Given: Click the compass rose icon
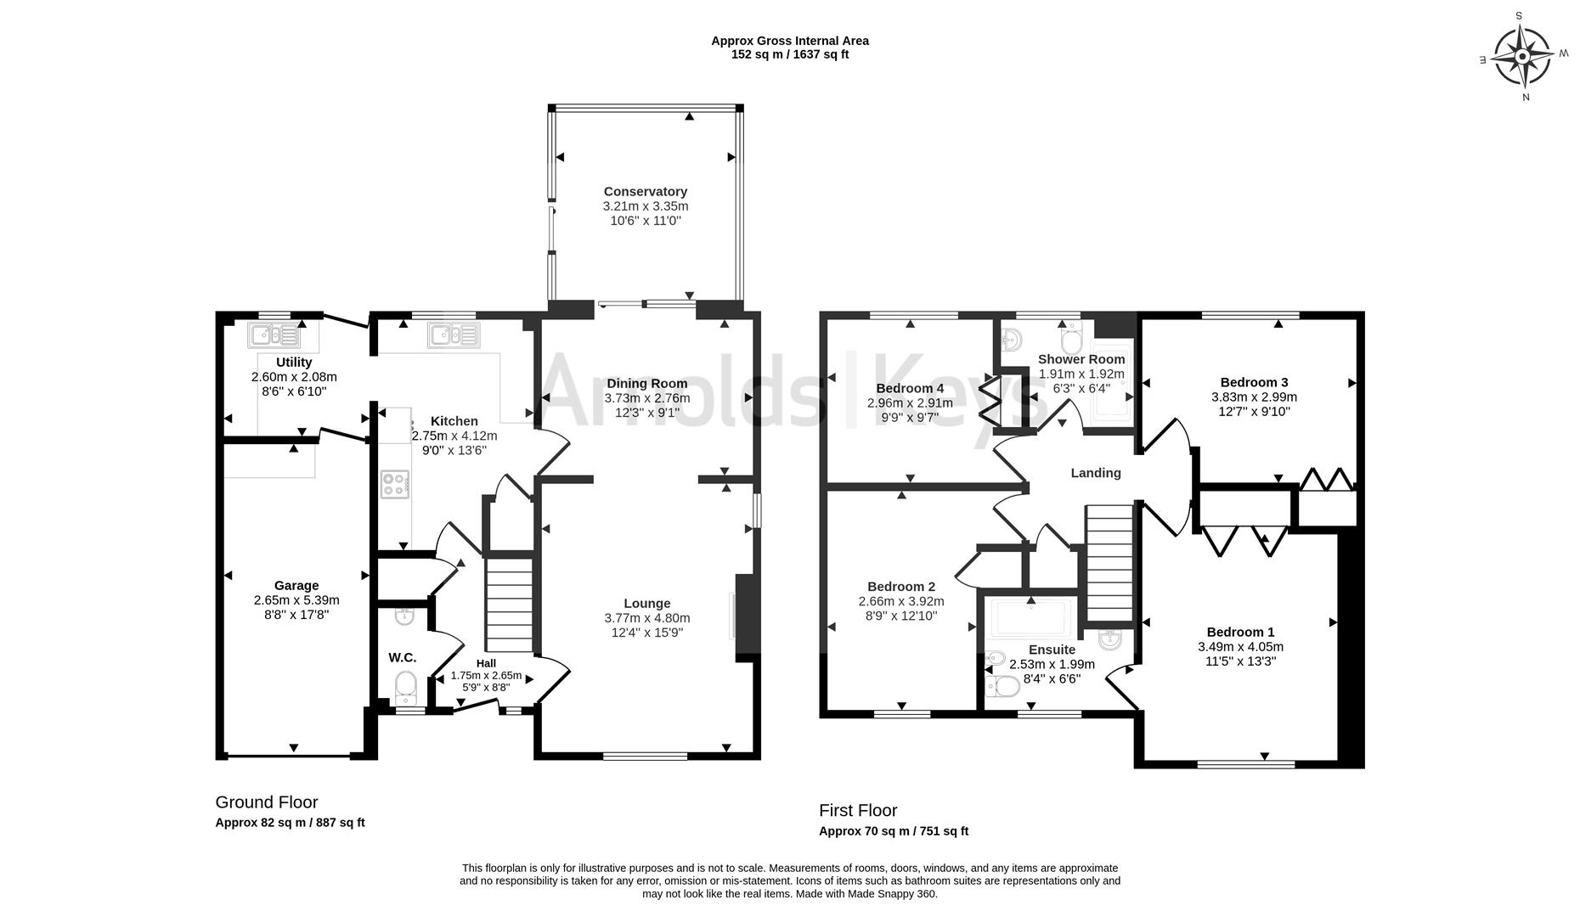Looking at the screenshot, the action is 1523,56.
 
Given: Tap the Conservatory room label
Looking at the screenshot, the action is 646,192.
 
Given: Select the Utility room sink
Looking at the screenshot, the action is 274,335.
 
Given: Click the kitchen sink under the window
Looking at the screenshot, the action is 454,335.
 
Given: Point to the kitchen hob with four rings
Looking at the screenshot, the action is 395,485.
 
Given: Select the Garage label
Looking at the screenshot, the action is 296,585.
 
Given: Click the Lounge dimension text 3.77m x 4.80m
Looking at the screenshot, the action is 647,618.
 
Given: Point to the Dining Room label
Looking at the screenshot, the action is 647,384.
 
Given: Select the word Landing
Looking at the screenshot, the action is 1096,473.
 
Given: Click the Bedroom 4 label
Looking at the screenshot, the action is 910,389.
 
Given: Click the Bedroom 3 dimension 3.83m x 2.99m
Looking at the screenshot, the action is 1254,397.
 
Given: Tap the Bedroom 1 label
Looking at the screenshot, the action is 1240,632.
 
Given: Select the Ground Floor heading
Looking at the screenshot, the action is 267,802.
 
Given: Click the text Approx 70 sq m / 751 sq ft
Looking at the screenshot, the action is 894,831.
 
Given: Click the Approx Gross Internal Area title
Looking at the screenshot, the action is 790,41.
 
